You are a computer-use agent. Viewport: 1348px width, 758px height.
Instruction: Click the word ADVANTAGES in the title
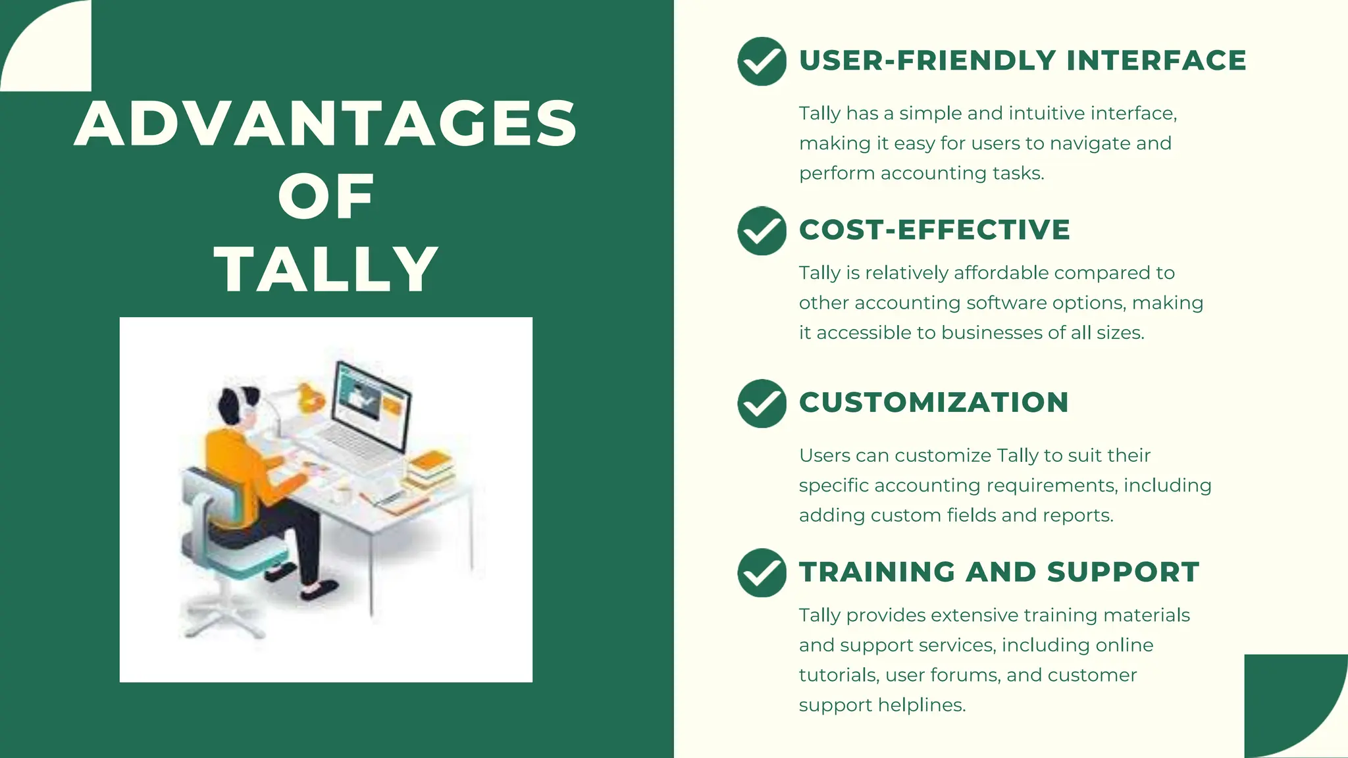coord(326,124)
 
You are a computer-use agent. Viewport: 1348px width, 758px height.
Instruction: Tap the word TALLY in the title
coord(326,269)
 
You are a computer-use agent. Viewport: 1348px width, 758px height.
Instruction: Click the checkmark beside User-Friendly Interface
coord(762,61)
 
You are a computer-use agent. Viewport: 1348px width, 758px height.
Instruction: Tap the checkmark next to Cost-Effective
coord(762,230)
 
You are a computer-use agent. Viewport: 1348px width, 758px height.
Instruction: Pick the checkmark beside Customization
coord(762,403)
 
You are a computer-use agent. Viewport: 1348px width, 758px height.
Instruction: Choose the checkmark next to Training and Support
coord(762,572)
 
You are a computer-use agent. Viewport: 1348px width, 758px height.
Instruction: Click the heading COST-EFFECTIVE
coord(935,230)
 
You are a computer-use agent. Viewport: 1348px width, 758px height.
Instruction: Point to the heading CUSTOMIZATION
coord(934,403)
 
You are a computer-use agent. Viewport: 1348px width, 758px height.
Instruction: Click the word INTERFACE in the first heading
coord(1156,61)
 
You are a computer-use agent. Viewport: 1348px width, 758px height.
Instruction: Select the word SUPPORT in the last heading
coord(1123,572)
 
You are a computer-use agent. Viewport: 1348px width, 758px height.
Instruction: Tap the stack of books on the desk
coord(431,470)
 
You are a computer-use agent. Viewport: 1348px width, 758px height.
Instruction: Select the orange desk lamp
coord(308,397)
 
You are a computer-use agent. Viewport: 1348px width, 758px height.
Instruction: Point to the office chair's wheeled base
coord(221,615)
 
